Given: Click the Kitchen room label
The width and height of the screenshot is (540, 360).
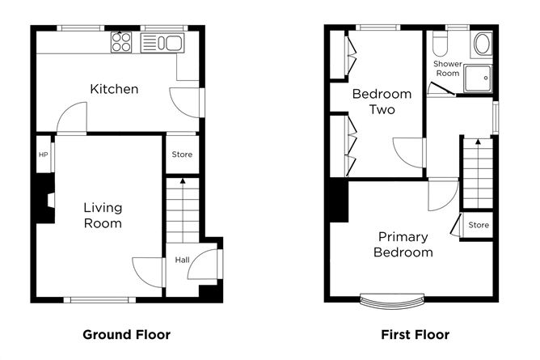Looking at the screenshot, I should click(114, 89).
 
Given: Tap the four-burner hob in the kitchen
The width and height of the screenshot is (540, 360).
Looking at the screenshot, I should click(121, 42).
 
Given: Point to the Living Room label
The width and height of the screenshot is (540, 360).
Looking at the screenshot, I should click(103, 215).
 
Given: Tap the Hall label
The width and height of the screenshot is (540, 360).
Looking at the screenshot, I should click(182, 260).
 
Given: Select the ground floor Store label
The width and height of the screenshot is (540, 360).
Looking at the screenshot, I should click(182, 155).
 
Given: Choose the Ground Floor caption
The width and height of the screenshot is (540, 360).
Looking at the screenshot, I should click(126, 334).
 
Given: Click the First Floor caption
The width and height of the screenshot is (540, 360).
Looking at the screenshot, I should click(415, 334).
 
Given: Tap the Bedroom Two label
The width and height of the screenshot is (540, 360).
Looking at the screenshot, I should click(382, 101).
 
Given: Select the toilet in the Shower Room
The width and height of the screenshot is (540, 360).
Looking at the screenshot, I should click(439, 42).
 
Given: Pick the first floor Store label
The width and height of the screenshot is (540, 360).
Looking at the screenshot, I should click(479, 225).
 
